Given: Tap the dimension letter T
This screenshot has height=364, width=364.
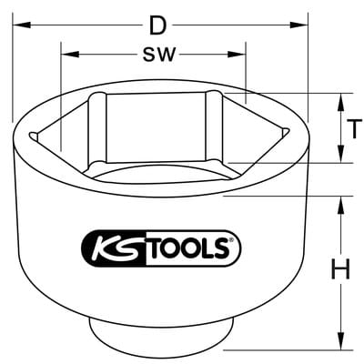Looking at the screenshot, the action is (354, 129).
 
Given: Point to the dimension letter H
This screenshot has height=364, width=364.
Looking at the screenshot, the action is (341, 268).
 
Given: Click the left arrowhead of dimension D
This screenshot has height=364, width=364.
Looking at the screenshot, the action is (22, 25).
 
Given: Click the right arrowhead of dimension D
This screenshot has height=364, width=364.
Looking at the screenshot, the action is (298, 25).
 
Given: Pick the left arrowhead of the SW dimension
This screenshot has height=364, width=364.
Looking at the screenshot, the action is (70, 55).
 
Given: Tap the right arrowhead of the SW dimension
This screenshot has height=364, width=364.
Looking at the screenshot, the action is (237, 55).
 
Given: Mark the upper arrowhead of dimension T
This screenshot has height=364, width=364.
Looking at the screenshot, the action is (341, 102).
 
